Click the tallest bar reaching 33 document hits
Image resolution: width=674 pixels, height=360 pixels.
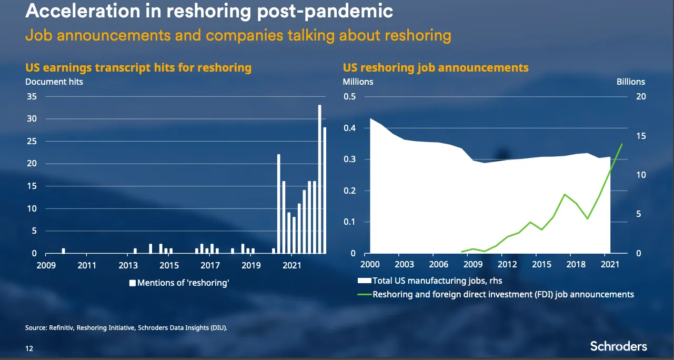(x=319, y=179)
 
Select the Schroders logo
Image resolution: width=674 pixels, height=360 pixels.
(x=618, y=346)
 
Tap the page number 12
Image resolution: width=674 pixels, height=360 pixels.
(x=29, y=347)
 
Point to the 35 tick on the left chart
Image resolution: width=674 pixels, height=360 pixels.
(x=32, y=97)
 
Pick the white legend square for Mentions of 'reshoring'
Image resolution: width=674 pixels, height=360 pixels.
(x=133, y=283)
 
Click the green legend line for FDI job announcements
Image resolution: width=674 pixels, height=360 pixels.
(x=364, y=294)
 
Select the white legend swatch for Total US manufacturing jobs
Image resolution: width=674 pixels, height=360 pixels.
(x=364, y=281)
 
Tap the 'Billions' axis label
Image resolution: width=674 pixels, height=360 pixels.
(x=630, y=82)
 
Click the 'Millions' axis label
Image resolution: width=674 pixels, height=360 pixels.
(x=358, y=82)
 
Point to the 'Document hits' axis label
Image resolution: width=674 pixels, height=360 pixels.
(x=54, y=82)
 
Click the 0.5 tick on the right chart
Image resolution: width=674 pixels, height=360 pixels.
(x=350, y=97)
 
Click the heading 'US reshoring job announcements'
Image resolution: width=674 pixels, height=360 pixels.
(x=436, y=68)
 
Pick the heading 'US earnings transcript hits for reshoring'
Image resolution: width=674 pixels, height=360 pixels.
(x=138, y=68)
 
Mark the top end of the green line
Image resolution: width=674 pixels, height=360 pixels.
(x=622, y=144)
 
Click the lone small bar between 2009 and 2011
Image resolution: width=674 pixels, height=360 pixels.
(x=64, y=251)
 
